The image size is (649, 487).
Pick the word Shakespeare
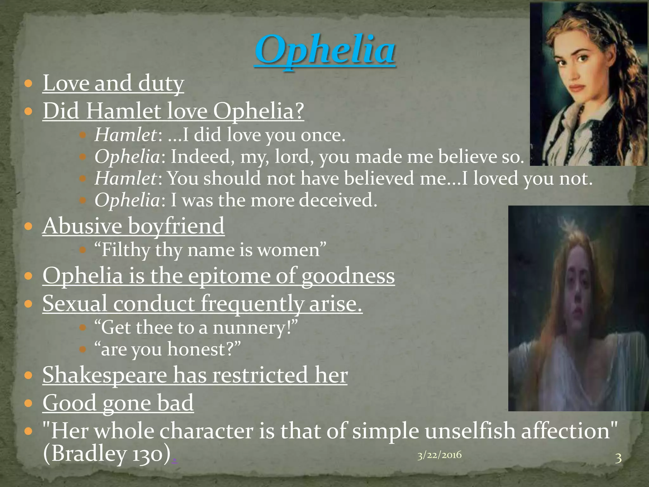tap(105, 375)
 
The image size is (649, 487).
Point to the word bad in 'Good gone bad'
tap(175, 403)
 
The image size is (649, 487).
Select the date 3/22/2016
tap(439, 455)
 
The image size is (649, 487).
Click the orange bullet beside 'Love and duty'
tap(29, 84)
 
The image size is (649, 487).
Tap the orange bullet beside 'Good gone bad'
tap(29, 403)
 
